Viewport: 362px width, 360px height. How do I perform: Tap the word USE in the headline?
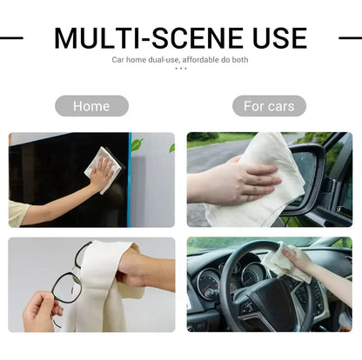pos(280,38)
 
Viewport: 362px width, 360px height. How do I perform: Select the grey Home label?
pos(91,106)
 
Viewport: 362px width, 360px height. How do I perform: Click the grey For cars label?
pos(269,106)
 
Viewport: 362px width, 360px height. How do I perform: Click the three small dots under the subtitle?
pos(181,69)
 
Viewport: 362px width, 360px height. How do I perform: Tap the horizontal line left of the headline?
pos(11,37)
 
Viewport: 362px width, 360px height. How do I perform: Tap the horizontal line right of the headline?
pos(351,37)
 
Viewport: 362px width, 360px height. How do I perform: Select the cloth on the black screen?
pos(103,170)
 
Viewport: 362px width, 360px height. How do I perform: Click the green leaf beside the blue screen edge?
pos(137,144)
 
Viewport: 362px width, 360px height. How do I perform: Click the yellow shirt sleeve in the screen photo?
pos(18,214)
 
